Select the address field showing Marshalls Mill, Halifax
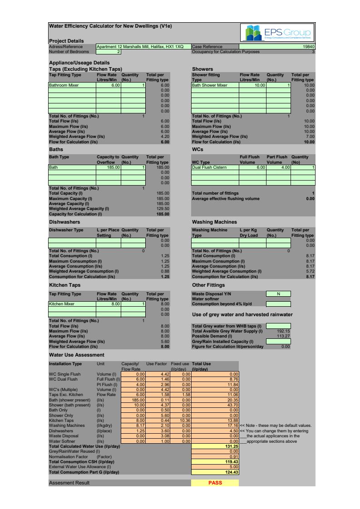pyautogui.click(x=143, y=47)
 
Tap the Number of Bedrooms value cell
pyautogui.click(x=108, y=52)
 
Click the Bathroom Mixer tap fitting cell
pyautogui.click(x=72, y=85)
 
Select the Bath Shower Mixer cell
pyautogui.click(x=215, y=85)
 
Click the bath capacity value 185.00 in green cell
pyautogui.click(x=108, y=167)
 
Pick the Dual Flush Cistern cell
pyautogui.click(x=215, y=167)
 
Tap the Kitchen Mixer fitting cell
pyautogui.click(x=72, y=304)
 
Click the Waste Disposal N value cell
pyautogui.click(x=278, y=294)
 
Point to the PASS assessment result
pyautogui.click(x=215, y=483)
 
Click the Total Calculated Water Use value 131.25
pyautogui.click(x=215, y=446)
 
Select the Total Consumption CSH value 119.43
pyautogui.click(x=215, y=462)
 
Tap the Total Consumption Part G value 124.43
pyautogui.click(x=215, y=472)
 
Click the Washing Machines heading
pyautogui.click(x=214, y=222)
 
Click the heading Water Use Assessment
pyautogui.click(x=76, y=355)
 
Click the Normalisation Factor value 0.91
pyautogui.click(x=215, y=457)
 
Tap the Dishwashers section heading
pyautogui.click(x=64, y=222)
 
